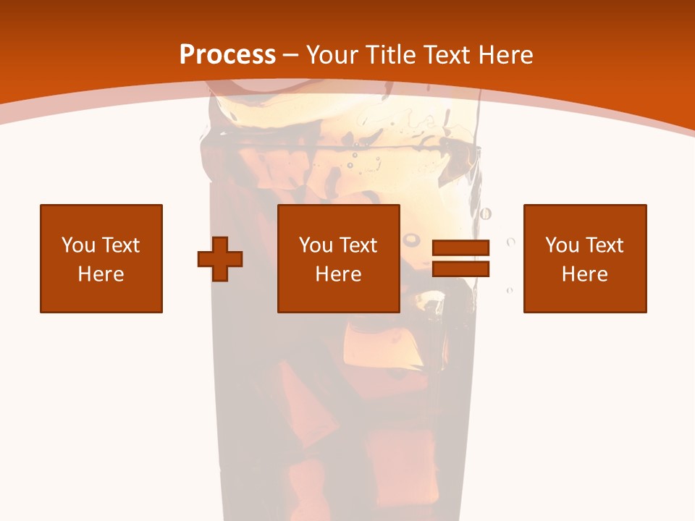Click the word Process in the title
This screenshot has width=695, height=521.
point(227,55)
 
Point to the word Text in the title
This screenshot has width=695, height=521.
point(450,55)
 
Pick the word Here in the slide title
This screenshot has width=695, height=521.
point(507,55)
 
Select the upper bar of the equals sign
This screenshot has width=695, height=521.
point(460,247)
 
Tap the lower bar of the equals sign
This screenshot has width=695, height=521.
point(460,268)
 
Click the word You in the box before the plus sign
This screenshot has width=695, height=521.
point(77,245)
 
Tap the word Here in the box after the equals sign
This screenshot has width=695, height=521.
point(585,274)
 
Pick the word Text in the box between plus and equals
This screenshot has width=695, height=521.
point(359,245)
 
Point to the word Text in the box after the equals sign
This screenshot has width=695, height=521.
point(605,245)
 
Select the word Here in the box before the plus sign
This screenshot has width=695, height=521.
point(101,274)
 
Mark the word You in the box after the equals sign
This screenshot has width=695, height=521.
point(561,245)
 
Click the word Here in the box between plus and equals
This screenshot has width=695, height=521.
point(339,274)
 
